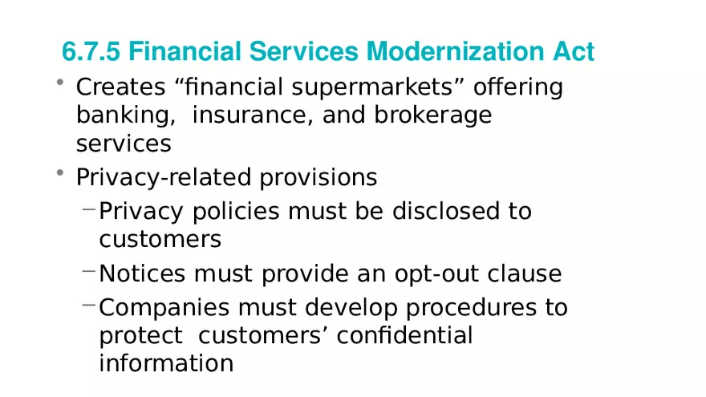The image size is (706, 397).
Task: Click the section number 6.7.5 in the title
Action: coord(91,51)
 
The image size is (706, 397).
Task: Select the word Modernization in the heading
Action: coord(455,51)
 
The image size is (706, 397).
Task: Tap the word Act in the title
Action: coord(574,51)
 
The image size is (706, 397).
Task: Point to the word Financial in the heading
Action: coord(185,51)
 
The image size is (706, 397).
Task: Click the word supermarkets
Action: coord(372,87)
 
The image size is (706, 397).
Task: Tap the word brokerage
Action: coord(432,115)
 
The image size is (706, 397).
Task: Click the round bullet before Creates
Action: coord(60,82)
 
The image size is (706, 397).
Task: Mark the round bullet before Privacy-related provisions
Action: coord(60,172)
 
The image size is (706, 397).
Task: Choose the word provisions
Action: coord(318,177)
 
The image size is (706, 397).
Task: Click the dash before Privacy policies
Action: coord(89,209)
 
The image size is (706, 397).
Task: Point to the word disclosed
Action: coord(446,211)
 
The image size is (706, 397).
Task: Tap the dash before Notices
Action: coord(89,271)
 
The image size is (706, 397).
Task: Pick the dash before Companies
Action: coord(89,306)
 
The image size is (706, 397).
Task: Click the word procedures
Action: coord(471,308)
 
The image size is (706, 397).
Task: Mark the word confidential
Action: coord(404,336)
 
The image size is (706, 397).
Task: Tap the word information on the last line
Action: coord(166,363)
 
